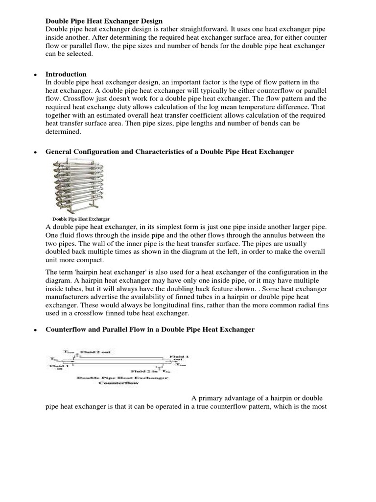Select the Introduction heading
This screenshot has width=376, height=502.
[x=66, y=74]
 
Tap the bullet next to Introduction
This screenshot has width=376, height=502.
[x=36, y=75]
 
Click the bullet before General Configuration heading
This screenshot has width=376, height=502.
[x=36, y=152]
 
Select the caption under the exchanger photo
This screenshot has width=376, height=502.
[x=80, y=219]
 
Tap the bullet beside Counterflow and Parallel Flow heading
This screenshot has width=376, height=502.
[x=36, y=330]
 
